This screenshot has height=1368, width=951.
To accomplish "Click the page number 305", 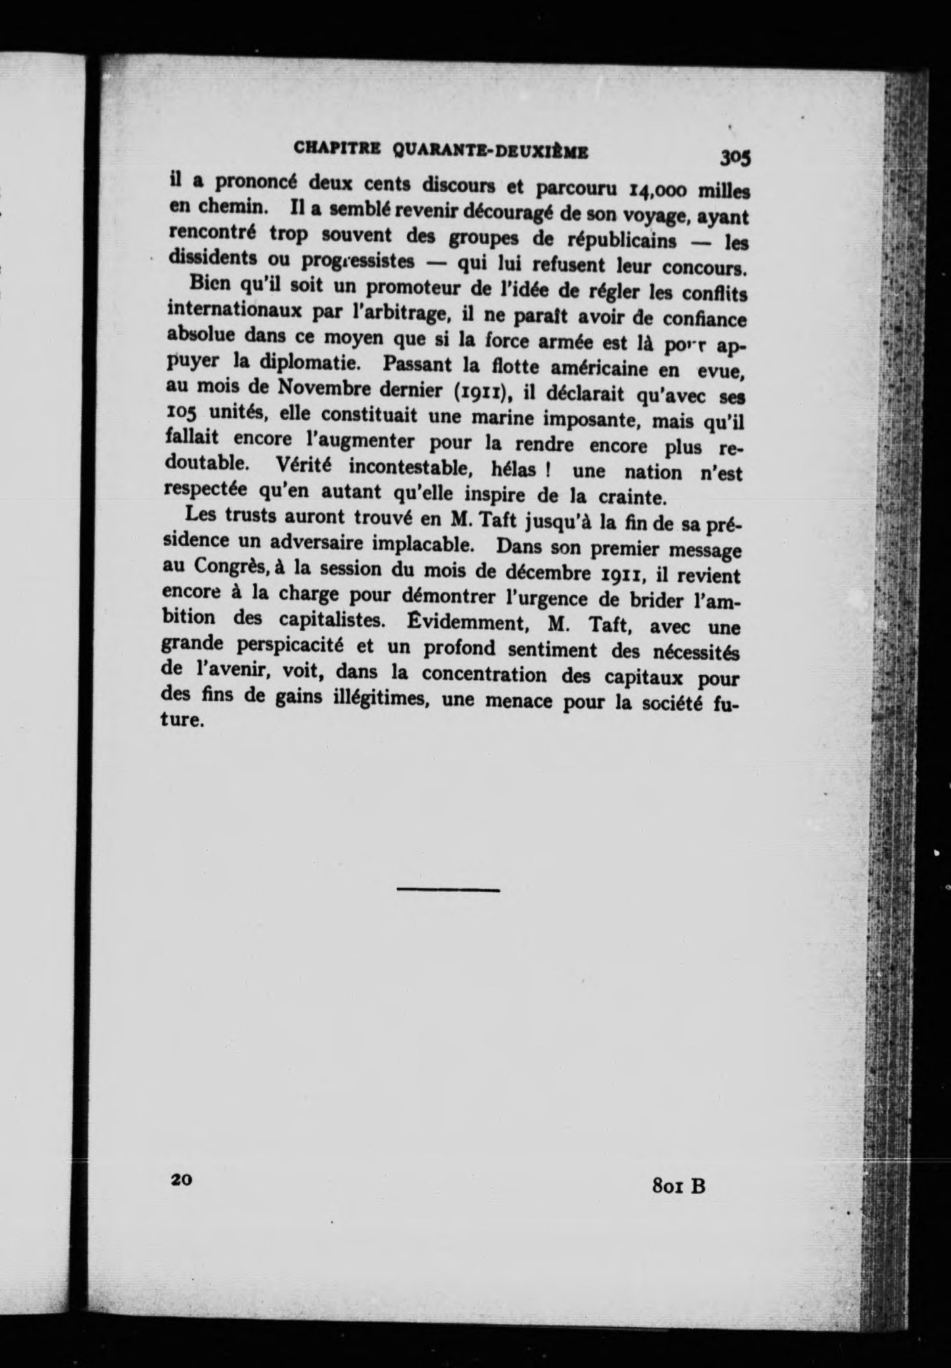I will pos(735,157).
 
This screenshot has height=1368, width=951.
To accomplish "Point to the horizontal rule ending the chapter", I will pos(447,890).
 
